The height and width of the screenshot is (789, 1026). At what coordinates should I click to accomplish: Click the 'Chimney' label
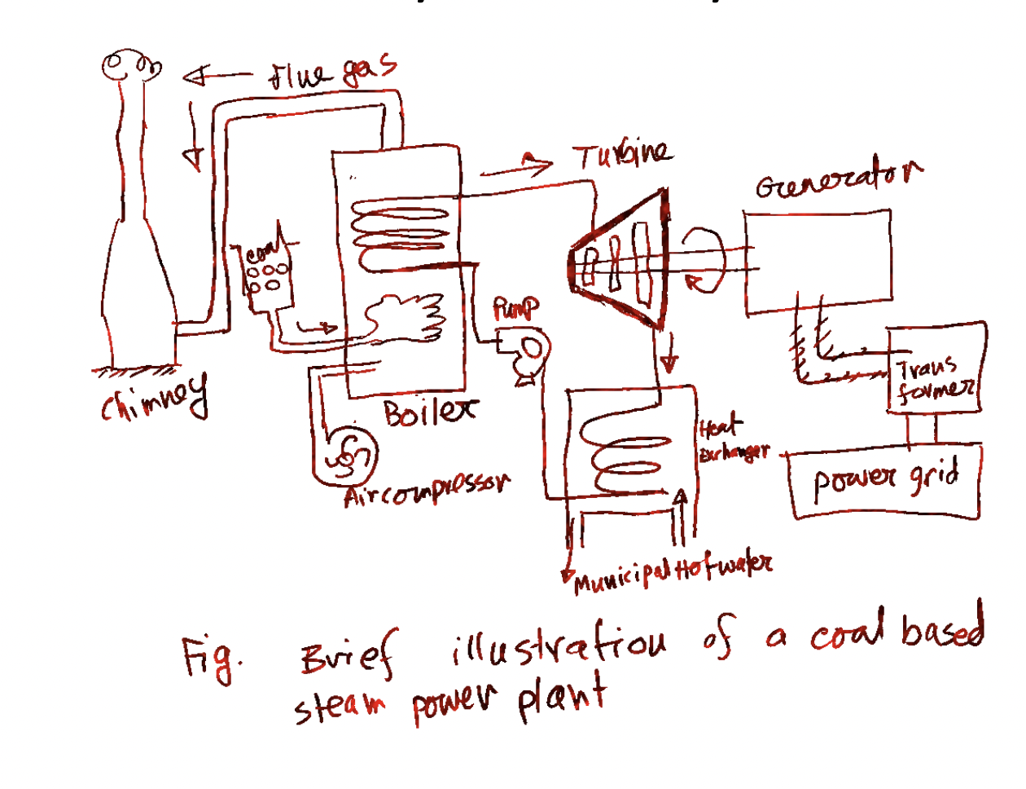(155, 397)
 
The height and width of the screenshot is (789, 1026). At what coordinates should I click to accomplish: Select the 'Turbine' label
(622, 155)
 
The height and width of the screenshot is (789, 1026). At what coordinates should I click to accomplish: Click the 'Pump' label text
(515, 309)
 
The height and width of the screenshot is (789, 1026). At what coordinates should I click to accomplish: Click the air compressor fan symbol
(349, 461)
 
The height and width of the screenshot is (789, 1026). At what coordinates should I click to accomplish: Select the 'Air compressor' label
(427, 490)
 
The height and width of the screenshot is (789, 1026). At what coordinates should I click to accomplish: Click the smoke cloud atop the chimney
(130, 65)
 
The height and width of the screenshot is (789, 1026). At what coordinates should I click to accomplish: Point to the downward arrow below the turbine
(669, 355)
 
